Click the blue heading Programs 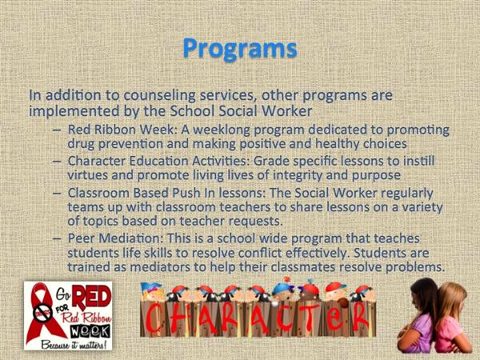(240, 49)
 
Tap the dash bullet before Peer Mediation (57, 238)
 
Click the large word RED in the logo (91, 296)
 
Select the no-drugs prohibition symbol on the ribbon (43, 313)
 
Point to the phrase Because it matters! (74, 344)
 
